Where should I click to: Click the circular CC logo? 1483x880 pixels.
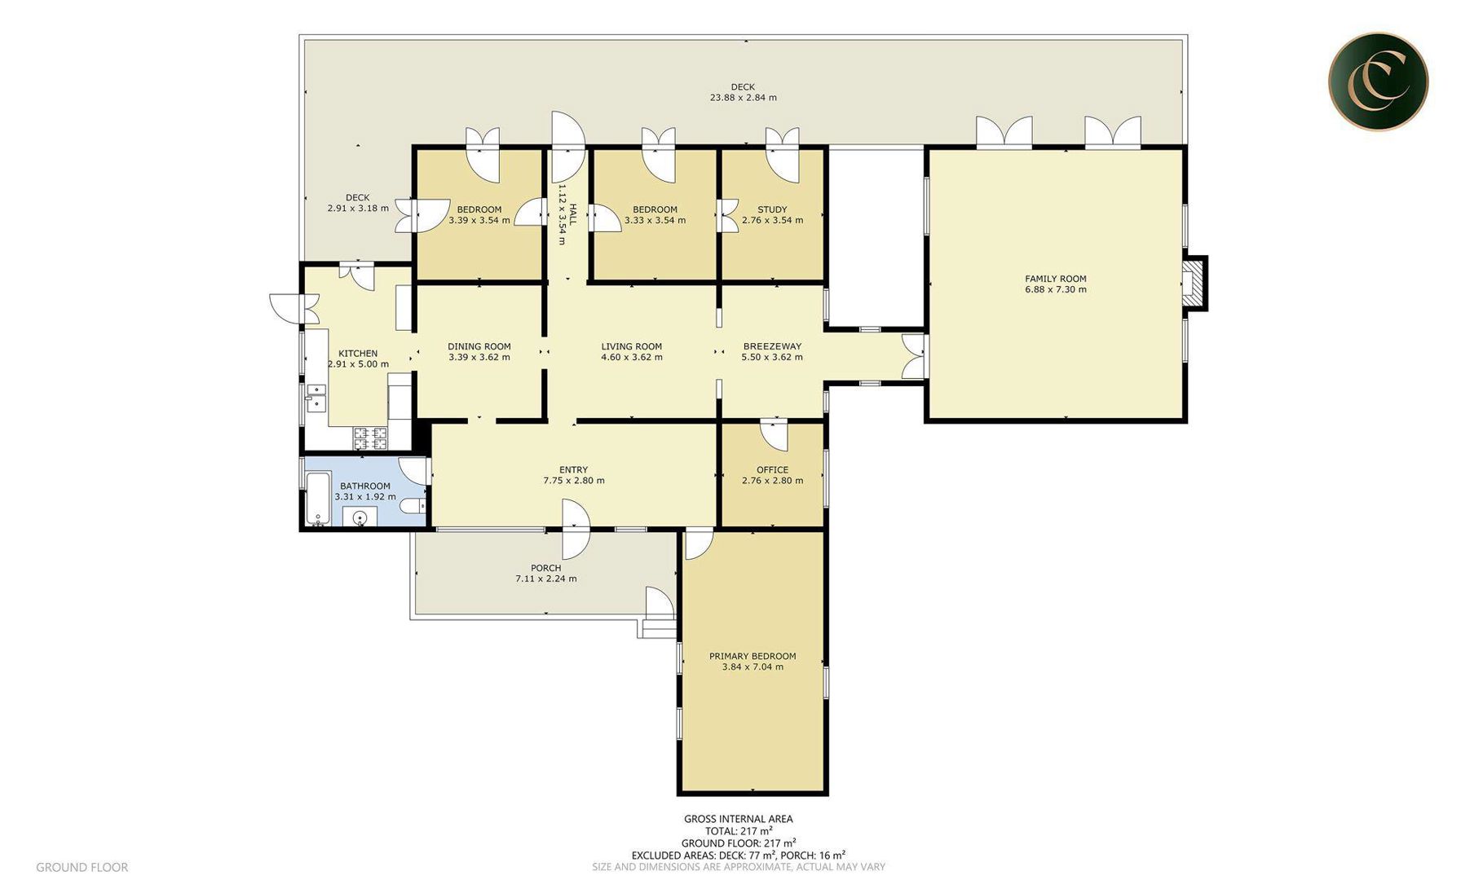pos(1378,81)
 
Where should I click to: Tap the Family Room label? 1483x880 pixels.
pos(1056,279)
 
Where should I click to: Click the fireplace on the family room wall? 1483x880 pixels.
pos(1194,283)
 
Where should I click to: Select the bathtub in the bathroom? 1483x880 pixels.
pos(316,498)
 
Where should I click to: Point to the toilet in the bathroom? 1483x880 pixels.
pos(414,506)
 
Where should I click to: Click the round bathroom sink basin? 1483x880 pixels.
pos(360,517)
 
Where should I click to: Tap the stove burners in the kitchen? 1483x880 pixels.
pos(370,438)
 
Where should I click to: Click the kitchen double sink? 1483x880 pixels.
pos(315,401)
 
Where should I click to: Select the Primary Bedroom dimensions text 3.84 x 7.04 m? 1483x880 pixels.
pos(753,667)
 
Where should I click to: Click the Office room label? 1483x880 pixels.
pos(772,470)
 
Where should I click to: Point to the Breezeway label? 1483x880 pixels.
pos(772,346)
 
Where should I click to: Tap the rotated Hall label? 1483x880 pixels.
pos(573,214)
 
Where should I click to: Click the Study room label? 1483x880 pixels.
pos(772,209)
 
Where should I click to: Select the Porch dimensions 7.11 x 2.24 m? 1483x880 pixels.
pos(545,579)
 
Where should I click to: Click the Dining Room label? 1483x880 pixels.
pos(479,346)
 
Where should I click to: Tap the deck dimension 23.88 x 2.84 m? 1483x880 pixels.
pos(743,97)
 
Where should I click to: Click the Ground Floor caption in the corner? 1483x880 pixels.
pos(82,867)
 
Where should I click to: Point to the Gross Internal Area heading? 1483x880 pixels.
pos(738,819)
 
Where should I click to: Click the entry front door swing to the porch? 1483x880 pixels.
pos(575,528)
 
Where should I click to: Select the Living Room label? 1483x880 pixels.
pos(632,346)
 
